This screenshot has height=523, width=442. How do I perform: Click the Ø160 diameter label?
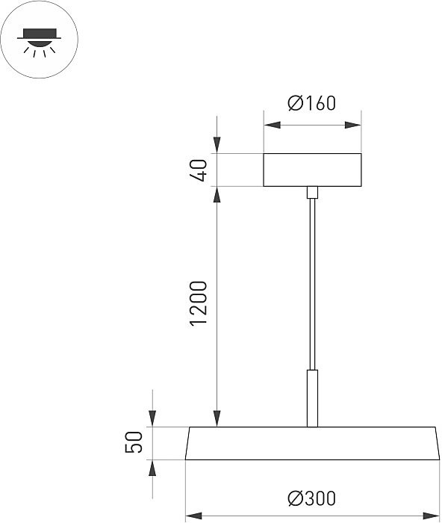click(311, 104)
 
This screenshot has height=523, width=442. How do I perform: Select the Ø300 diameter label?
click(311, 498)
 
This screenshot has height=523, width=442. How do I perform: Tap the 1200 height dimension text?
click(198, 303)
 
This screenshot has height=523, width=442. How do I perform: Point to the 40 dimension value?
click(198, 170)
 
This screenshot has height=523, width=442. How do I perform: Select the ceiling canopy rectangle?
click(312, 170)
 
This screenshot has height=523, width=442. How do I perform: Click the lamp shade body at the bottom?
click(311, 443)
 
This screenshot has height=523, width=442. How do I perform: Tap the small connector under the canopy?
click(312, 193)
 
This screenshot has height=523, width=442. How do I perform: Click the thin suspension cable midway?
click(311, 284)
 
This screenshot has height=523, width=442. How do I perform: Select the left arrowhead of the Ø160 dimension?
click(270, 125)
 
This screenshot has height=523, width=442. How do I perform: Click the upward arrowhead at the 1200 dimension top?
click(217, 194)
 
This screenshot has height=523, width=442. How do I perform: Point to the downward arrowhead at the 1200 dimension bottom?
click(217, 419)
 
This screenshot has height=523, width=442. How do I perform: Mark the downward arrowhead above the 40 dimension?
click(217, 146)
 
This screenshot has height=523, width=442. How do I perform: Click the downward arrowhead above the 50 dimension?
click(153, 419)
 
